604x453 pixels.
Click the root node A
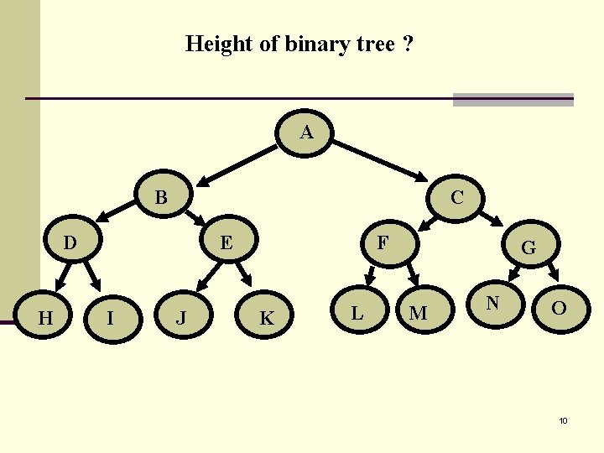coord(306,133)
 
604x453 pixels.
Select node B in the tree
coord(161,199)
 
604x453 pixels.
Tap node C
coord(457,198)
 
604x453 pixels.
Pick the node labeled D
coord(71,243)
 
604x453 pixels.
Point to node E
coord(226,243)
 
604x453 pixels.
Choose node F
coord(383,243)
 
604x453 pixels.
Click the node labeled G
coord(528,247)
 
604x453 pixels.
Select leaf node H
coord(47,317)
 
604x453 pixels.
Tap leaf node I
coord(110,317)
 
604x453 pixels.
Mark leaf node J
coord(180,318)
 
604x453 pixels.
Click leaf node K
coord(267,318)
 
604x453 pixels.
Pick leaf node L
coord(357,313)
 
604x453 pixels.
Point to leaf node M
coord(418,313)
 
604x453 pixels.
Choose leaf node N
coord(493,302)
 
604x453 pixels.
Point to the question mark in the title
coord(407,44)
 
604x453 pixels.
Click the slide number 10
coord(563,419)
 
